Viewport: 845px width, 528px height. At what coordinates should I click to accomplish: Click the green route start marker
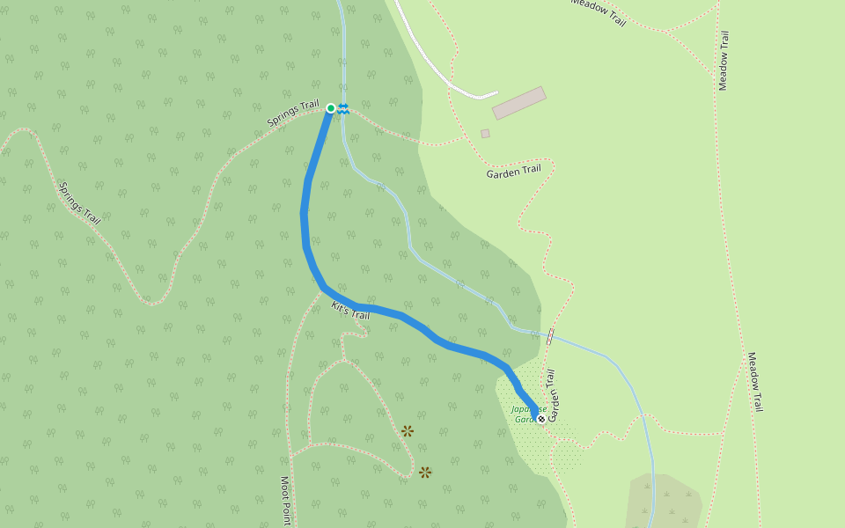coord(331,108)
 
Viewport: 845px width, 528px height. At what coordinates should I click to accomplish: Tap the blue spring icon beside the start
coord(343,108)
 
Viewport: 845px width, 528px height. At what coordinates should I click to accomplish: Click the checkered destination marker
coord(540,418)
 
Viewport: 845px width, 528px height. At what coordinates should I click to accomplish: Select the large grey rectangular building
coord(518,102)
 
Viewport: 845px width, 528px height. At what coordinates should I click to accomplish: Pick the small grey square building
coord(485,134)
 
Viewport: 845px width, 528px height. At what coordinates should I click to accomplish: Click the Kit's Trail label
coord(350,310)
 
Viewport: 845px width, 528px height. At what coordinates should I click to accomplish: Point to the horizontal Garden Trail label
coord(513,172)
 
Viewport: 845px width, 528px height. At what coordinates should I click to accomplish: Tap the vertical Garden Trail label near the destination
coord(553,395)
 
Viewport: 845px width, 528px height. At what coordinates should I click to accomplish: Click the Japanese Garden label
coord(529,414)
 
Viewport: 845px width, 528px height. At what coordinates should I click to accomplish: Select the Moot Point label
coord(285,502)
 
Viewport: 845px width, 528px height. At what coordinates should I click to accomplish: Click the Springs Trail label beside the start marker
coord(293,114)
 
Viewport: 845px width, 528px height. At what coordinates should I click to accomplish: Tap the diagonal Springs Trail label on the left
coord(79,202)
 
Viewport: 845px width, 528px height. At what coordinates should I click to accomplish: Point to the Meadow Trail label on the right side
coord(755,382)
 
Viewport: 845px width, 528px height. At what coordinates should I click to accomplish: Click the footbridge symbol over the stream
coord(550,336)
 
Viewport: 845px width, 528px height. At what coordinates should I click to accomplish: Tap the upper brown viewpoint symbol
coord(408,431)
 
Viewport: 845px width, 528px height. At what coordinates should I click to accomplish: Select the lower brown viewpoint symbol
coord(425,473)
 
